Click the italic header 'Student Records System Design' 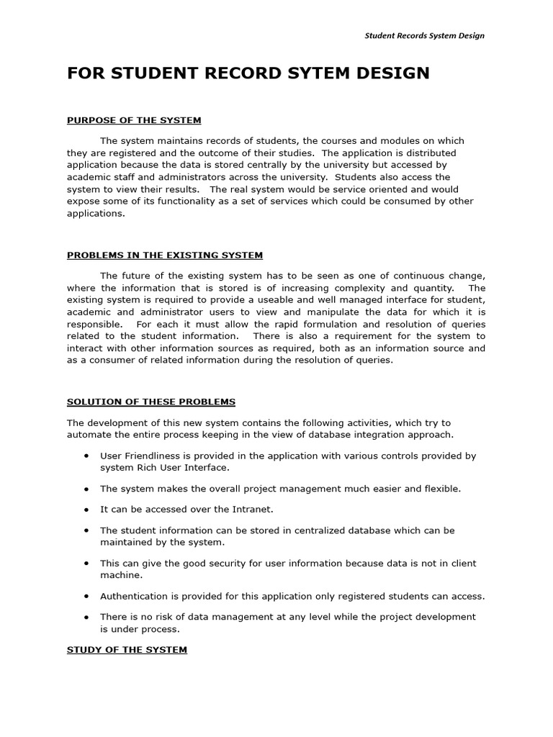(x=424, y=35)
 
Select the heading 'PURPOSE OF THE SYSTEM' (x=134, y=120)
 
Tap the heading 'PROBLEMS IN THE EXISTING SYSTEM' (x=165, y=255)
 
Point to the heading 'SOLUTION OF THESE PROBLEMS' (x=151, y=402)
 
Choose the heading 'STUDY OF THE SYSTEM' (x=127, y=649)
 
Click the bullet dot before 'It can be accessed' (x=86, y=509)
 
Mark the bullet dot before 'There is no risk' (x=86, y=617)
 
